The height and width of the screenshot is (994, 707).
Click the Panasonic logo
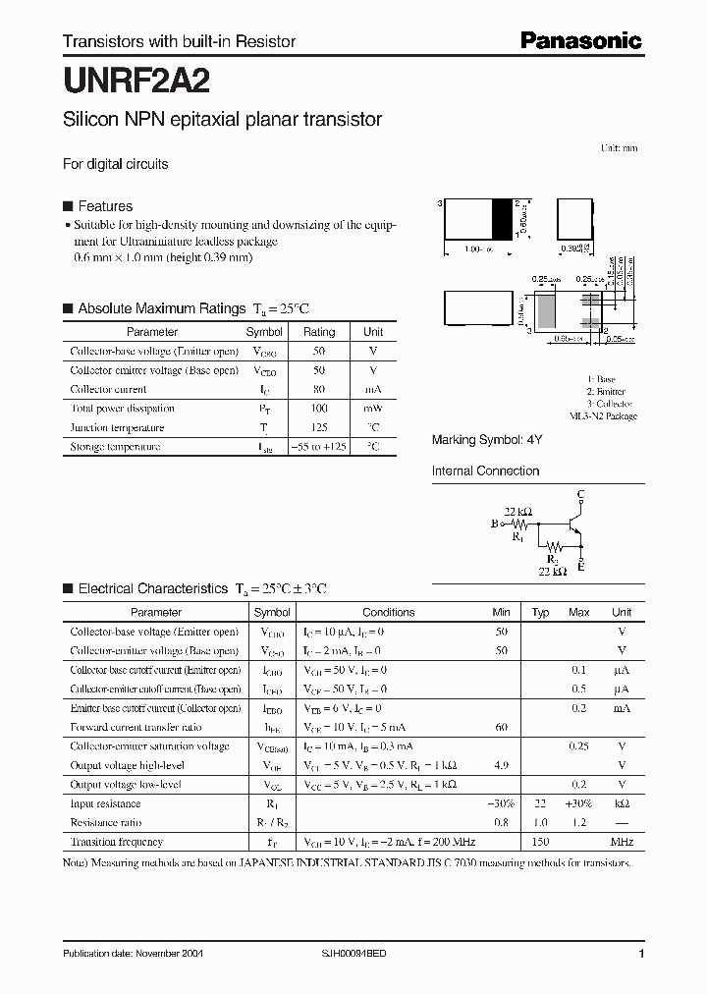click(580, 40)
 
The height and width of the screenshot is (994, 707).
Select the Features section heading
click(104, 206)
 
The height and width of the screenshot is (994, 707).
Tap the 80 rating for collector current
click(319, 389)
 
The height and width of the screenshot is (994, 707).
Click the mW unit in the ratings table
click(373, 409)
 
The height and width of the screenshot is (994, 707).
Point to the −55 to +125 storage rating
click(319, 447)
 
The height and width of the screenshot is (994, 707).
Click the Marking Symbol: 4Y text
click(487, 440)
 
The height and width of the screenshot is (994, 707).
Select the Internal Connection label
click(485, 471)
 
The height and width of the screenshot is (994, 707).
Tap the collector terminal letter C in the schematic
click(581, 493)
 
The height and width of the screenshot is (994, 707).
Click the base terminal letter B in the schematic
click(495, 525)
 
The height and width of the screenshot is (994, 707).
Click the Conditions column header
click(388, 612)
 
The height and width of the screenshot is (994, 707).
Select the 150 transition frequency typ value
click(539, 842)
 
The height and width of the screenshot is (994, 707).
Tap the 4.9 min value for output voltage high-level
click(501, 765)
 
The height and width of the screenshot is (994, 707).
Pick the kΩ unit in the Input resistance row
click(622, 803)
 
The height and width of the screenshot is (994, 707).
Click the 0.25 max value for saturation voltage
click(578, 746)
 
